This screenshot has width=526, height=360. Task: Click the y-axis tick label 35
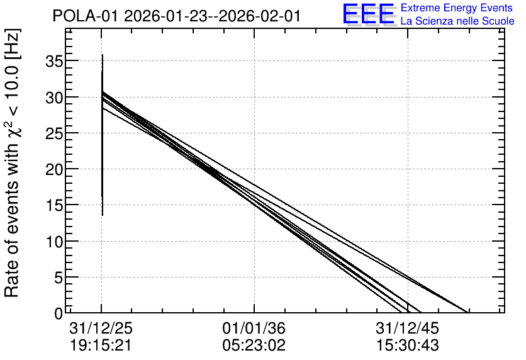(54, 62)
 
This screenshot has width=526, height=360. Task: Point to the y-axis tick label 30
(54, 98)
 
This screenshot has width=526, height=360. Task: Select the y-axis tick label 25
(54, 133)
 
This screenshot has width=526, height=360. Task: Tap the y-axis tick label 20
(54, 170)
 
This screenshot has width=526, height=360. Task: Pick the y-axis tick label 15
(54, 206)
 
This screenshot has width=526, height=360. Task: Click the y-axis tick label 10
(54, 242)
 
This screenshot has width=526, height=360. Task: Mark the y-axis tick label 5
(59, 278)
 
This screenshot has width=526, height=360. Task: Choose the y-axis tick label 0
(59, 313)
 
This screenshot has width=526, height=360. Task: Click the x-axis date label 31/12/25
(101, 329)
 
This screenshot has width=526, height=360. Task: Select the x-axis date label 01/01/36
(254, 329)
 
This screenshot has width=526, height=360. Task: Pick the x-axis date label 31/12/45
(407, 329)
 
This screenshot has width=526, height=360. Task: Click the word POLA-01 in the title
(86, 16)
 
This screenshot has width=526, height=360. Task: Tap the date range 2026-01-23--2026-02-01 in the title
(212, 16)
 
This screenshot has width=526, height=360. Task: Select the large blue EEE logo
(369, 14)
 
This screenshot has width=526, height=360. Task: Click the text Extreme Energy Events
(457, 8)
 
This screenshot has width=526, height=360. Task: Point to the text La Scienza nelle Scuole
(457, 21)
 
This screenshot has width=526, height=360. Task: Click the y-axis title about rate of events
(12, 163)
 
